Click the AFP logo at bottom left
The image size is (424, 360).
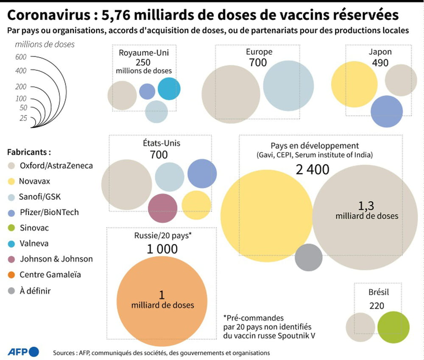click(x=23, y=352)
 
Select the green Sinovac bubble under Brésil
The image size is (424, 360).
click(x=393, y=327)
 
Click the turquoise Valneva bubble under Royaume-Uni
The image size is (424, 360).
click(x=169, y=89)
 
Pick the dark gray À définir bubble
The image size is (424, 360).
click(x=309, y=257)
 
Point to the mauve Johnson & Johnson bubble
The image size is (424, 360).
click(x=163, y=208)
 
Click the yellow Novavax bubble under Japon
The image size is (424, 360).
click(x=354, y=84)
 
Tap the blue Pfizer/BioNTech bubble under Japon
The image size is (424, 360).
click(x=386, y=111)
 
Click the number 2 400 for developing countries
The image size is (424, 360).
click(x=312, y=169)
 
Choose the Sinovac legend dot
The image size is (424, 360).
click(x=12, y=228)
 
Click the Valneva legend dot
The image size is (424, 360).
click(x=12, y=244)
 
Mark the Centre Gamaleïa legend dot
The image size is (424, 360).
click(x=12, y=275)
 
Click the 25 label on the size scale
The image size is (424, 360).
click(x=23, y=119)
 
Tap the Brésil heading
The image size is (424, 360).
click(x=379, y=292)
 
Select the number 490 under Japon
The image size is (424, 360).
click(x=380, y=62)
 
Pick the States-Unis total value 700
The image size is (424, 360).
click(x=159, y=155)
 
